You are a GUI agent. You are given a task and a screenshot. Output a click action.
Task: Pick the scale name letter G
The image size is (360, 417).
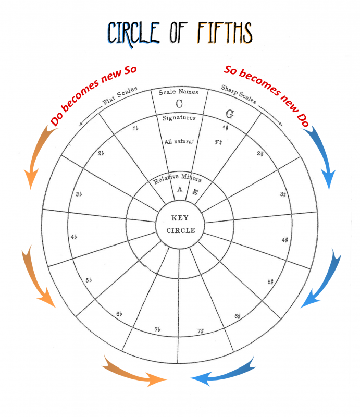pyautogui.click(x=229, y=113)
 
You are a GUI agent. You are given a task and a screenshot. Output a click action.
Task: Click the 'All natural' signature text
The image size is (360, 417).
pyautogui.click(x=178, y=141)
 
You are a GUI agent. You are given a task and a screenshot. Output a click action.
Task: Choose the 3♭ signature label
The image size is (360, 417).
pyautogui.click(x=79, y=194)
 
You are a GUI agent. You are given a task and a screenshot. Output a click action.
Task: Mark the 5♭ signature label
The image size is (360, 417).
pyautogui.click(x=89, y=280)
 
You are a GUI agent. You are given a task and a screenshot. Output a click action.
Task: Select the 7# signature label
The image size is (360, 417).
pyautogui.click(x=201, y=331)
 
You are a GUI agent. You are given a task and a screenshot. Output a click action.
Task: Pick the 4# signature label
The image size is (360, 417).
pyautogui.click(x=285, y=240)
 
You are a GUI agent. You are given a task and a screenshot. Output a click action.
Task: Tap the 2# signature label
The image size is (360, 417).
pyautogui.click(x=260, y=153)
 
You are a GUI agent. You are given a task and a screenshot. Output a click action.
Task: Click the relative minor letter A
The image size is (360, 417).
pyautogui.click(x=180, y=189)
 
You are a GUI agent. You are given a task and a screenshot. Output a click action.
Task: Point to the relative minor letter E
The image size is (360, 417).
pyautogui.click(x=195, y=192)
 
